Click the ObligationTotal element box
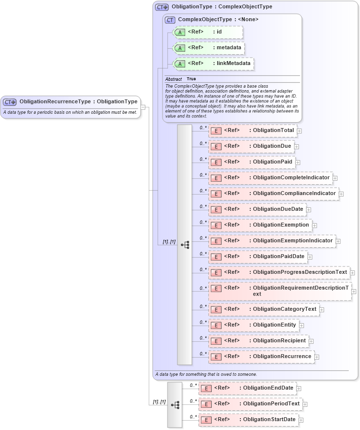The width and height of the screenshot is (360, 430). tap(253, 131)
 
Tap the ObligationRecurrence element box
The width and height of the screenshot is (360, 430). tap(261, 357)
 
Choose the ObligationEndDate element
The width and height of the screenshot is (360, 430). tap(247, 388)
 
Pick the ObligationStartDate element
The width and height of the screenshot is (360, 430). tap(248, 420)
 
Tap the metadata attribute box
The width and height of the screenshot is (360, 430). tap(209, 48)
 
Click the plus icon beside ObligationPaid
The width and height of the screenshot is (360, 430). tap(298, 162)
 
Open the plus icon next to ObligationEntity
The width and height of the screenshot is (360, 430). tap(301, 325)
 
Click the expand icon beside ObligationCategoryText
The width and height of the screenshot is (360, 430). tap(322, 309)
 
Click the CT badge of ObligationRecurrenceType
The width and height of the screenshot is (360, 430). tap(10, 102)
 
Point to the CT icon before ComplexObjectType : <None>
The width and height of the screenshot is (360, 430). tap(170, 20)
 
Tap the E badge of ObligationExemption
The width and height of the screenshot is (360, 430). tap(216, 226)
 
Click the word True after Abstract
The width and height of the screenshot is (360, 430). tap(191, 79)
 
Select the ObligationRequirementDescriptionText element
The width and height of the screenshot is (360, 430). tap(280, 291)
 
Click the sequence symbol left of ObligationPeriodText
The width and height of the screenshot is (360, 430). tap(175, 404)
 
